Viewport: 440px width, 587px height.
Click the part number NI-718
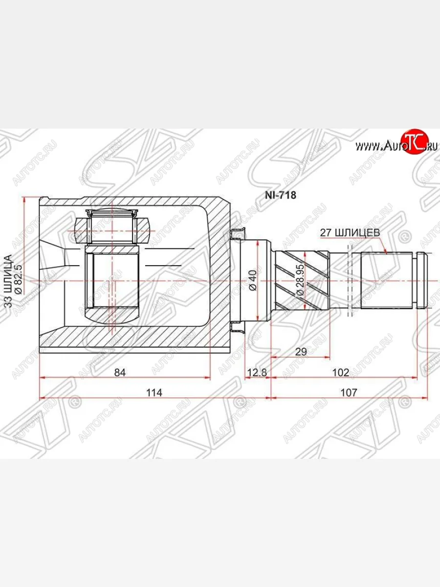(x=280, y=195)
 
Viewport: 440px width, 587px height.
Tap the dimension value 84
(x=120, y=372)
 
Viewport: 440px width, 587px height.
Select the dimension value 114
(x=154, y=393)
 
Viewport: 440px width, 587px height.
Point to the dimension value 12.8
(x=257, y=372)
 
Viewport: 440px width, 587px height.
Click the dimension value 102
(x=341, y=372)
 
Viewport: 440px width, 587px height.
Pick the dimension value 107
(x=349, y=393)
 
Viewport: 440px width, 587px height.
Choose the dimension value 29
(x=301, y=352)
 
